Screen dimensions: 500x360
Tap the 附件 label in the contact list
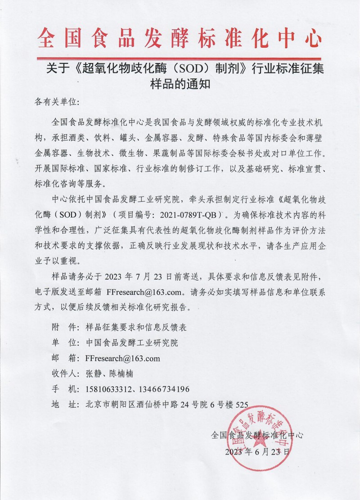(63, 328)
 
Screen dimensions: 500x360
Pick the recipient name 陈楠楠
(121, 374)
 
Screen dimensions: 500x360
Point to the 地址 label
(63, 404)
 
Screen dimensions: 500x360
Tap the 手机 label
(63, 389)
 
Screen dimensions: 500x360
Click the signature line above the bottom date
(256, 435)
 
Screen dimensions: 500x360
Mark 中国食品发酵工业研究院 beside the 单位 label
(131, 343)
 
